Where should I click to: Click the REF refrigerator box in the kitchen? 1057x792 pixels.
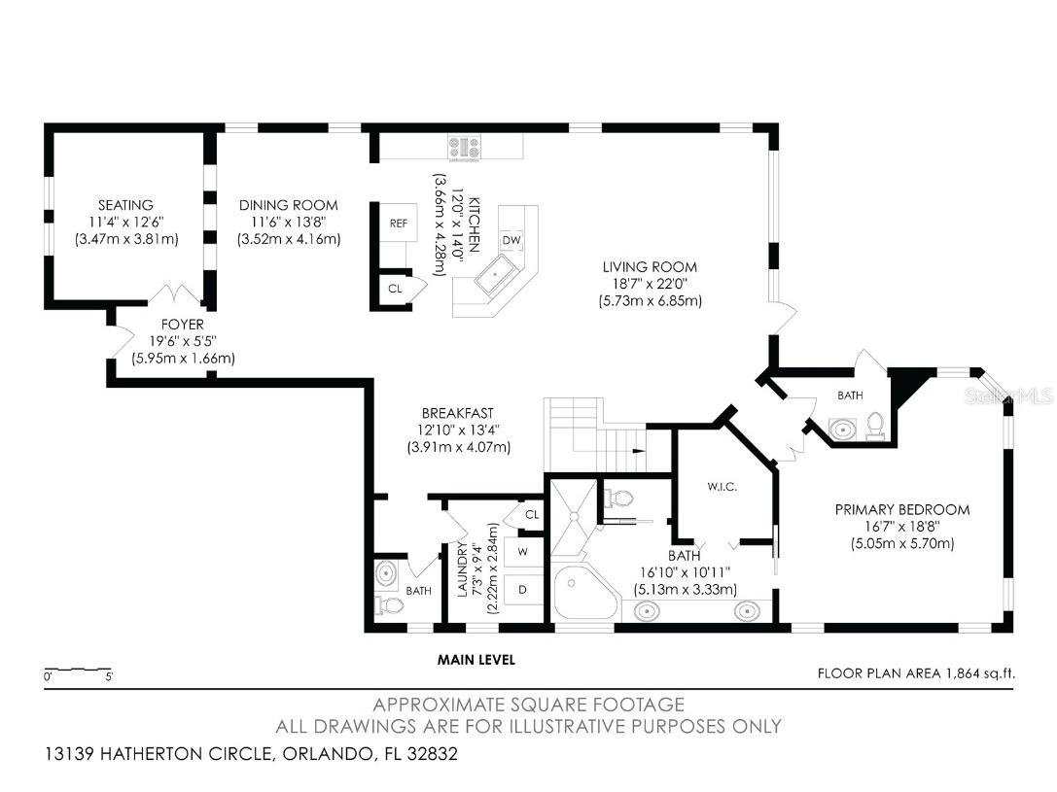pos(399,223)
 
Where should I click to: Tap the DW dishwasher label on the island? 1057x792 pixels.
pos(511,240)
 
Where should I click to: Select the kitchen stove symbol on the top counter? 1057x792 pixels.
pos(464,149)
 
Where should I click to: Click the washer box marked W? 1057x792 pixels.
pos(522,551)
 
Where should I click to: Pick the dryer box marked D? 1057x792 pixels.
pos(522,589)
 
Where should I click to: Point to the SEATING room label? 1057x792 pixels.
pos(125,205)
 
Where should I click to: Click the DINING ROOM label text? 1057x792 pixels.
pos(289,205)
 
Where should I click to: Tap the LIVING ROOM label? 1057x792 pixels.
pos(650,267)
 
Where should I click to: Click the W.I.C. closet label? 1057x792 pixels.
pos(722,486)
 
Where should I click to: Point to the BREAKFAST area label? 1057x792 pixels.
pos(458,412)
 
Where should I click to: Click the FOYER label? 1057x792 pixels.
pos(183,324)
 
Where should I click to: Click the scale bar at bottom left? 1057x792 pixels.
pos(79,671)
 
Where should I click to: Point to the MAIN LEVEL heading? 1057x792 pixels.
pos(476,660)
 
